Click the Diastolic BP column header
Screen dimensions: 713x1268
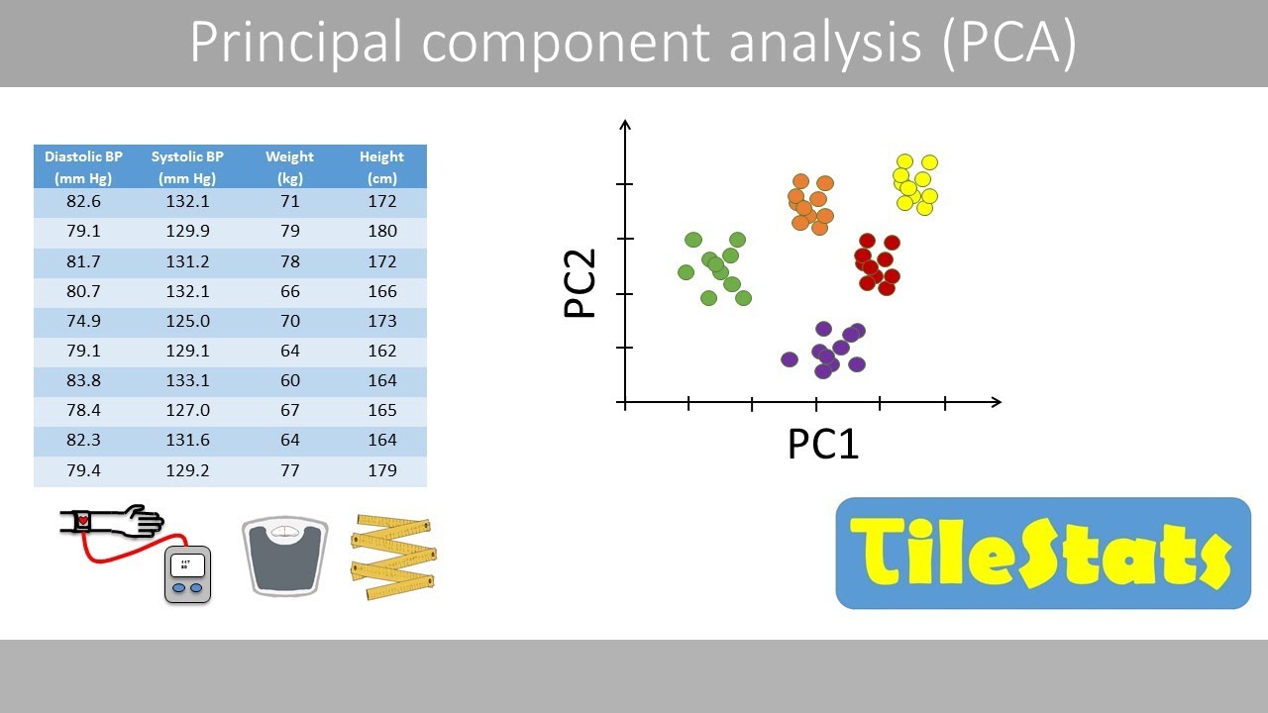[84, 167]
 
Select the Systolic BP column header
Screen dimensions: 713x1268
[187, 167]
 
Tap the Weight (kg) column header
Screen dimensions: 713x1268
[289, 167]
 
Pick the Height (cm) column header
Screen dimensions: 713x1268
[381, 167]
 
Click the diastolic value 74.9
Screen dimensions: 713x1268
[84, 321]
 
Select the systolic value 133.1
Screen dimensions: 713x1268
[187, 380]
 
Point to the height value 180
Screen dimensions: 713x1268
[381, 231]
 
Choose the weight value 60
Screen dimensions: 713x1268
[289, 380]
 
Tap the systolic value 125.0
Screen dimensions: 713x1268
[187, 321]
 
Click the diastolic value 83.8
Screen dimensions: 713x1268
[84, 380]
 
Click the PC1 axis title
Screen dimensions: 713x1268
[822, 445]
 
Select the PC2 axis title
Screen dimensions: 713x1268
[581, 283]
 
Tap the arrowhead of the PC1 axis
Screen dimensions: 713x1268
[995, 402]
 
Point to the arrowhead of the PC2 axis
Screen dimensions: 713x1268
[624, 126]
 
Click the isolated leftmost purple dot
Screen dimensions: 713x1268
[790, 359]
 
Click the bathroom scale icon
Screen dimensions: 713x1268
[284, 555]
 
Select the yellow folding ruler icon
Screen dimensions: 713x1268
[393, 556]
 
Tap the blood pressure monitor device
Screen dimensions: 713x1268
[188, 572]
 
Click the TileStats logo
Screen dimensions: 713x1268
[1043, 554]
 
